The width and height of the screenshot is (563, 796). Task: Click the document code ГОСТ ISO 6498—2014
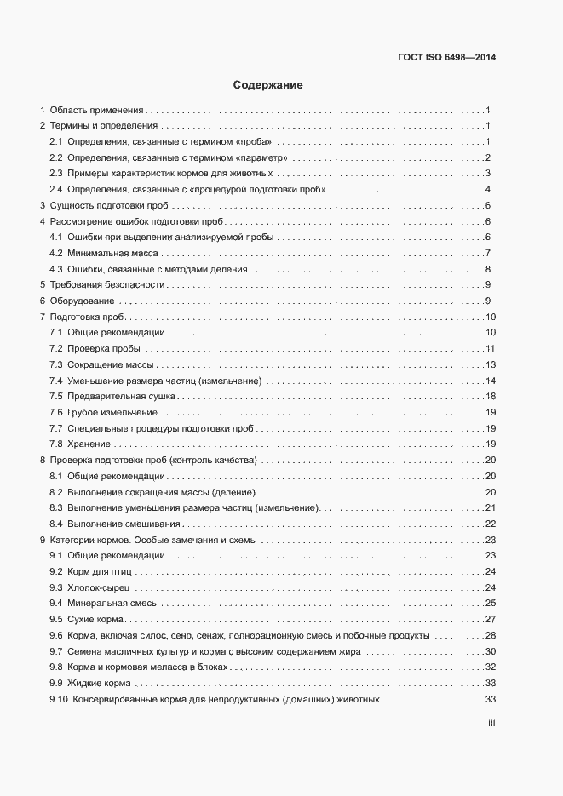pos(446,58)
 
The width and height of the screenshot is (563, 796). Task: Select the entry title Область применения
pos(96,110)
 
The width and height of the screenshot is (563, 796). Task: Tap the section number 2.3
pos(55,173)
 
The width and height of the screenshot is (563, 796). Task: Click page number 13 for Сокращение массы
pos(491,364)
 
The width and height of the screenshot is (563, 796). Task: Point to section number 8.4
pos(55,524)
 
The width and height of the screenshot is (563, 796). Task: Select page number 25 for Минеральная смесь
pos(491,603)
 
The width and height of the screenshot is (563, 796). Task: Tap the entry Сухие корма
pos(95,619)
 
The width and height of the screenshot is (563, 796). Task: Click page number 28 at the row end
pos(491,635)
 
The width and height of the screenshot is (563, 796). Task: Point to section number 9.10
pos(58,699)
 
